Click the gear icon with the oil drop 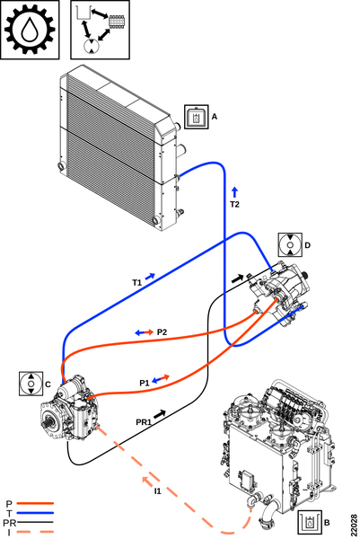point(30,30)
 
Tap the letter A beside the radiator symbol point(215,117)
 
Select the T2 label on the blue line point(234,205)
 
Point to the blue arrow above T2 point(234,192)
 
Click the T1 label point(137,283)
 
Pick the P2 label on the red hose point(162,332)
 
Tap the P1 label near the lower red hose point(145,383)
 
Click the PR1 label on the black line point(144,422)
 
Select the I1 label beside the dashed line point(157,491)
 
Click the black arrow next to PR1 point(160,414)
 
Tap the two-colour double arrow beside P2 point(145,332)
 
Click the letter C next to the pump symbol point(48,384)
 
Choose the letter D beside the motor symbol point(307,245)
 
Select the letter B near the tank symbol point(327,523)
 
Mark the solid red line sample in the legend point(35,503)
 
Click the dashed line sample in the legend point(35,532)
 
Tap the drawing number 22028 point(354,525)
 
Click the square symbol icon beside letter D point(290,245)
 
